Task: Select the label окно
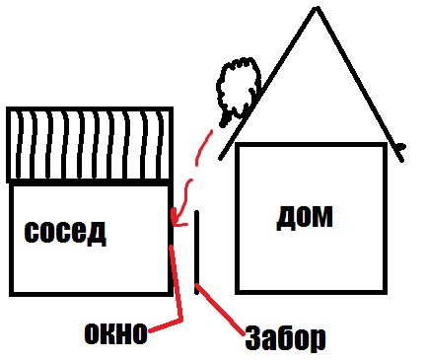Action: point(114,333)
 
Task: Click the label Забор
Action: point(284,339)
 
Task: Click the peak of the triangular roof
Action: point(316,9)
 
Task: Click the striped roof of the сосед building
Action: point(89,144)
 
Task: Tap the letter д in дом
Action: point(286,215)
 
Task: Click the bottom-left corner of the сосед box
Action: point(11,294)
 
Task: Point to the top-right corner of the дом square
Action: point(384,145)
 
